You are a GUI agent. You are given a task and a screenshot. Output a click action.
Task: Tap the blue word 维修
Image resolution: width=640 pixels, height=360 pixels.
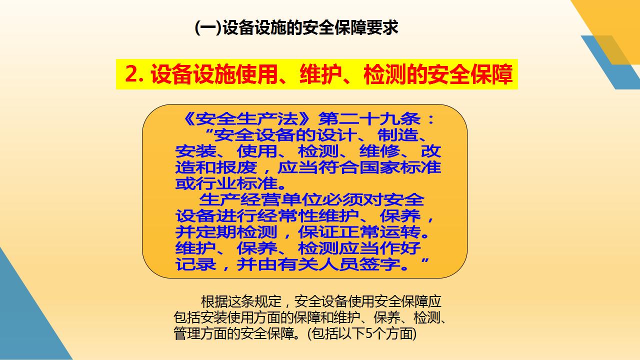click(x=379, y=151)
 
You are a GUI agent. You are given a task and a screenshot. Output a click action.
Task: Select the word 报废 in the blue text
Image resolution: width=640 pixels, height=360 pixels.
click(x=236, y=167)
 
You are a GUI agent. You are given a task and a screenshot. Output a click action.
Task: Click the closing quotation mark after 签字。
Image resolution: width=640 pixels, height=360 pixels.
click(x=425, y=260)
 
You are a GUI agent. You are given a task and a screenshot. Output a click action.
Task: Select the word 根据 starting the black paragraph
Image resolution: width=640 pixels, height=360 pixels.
click(x=214, y=301)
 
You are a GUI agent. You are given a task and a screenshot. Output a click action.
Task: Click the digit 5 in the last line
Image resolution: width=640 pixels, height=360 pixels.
click(x=369, y=333)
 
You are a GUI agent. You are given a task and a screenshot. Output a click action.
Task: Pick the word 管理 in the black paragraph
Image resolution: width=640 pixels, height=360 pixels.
click(x=187, y=333)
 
